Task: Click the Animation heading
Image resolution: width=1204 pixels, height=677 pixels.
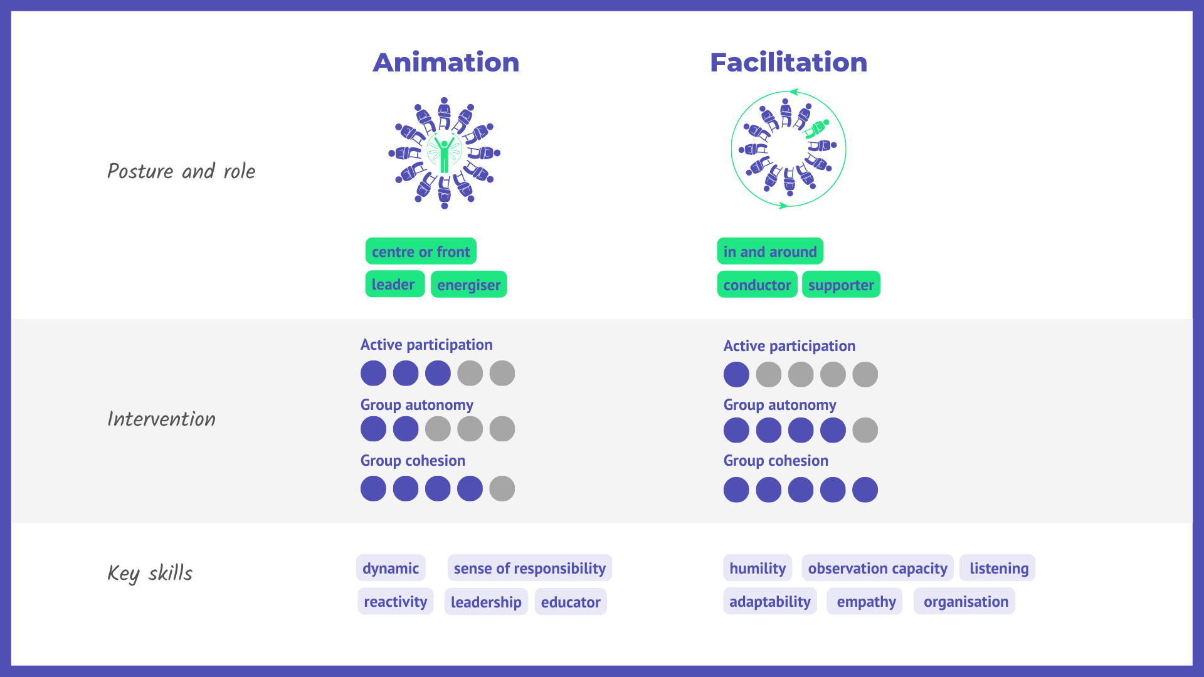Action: click(x=446, y=63)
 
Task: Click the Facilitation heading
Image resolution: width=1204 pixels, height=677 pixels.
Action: click(x=788, y=63)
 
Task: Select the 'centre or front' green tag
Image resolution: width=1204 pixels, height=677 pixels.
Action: click(x=421, y=251)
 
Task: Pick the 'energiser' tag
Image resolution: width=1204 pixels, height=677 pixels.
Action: click(x=468, y=285)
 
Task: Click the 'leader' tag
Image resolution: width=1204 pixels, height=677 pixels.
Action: click(x=394, y=284)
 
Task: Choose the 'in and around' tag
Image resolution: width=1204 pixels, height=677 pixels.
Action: click(x=770, y=251)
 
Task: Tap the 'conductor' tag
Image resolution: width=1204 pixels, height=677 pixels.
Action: click(x=757, y=285)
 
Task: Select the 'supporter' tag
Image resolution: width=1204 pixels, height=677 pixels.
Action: click(x=841, y=285)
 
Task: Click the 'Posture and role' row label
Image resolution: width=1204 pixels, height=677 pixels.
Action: click(x=181, y=171)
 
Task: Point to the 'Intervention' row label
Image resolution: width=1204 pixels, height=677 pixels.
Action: click(x=161, y=419)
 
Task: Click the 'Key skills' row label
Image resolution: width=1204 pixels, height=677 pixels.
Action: click(x=150, y=573)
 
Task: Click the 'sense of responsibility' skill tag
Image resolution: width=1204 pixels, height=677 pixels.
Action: click(x=530, y=568)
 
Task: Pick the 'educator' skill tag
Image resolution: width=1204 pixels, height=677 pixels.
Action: click(x=571, y=602)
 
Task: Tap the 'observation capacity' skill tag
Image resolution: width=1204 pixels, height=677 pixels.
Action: click(x=877, y=568)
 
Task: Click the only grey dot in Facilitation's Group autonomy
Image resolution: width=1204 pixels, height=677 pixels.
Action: click(x=865, y=430)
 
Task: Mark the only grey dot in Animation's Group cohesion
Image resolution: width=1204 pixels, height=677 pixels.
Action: click(x=502, y=488)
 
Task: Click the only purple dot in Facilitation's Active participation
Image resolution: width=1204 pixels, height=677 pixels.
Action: click(x=736, y=374)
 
